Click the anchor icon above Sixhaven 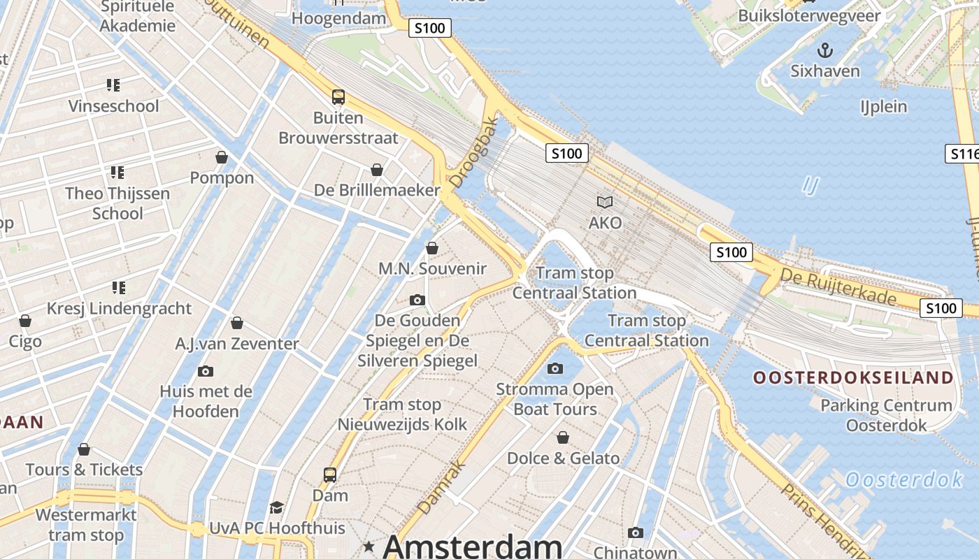[x=825, y=50]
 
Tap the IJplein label [x=883, y=106]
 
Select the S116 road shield [x=964, y=154]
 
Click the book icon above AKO [x=605, y=203]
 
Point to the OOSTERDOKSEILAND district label [x=853, y=378]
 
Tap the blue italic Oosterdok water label [x=904, y=480]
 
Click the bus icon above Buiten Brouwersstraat [x=338, y=97]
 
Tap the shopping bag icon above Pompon [x=222, y=157]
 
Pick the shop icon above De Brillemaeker [x=377, y=170]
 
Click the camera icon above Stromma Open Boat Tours [x=555, y=368]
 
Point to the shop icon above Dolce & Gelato [x=563, y=437]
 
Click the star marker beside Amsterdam [x=369, y=546]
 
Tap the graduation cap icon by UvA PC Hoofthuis [x=277, y=507]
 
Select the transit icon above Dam [x=330, y=475]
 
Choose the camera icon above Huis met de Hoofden [x=205, y=371]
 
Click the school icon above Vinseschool [x=113, y=85]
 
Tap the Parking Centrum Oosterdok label [x=886, y=415]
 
